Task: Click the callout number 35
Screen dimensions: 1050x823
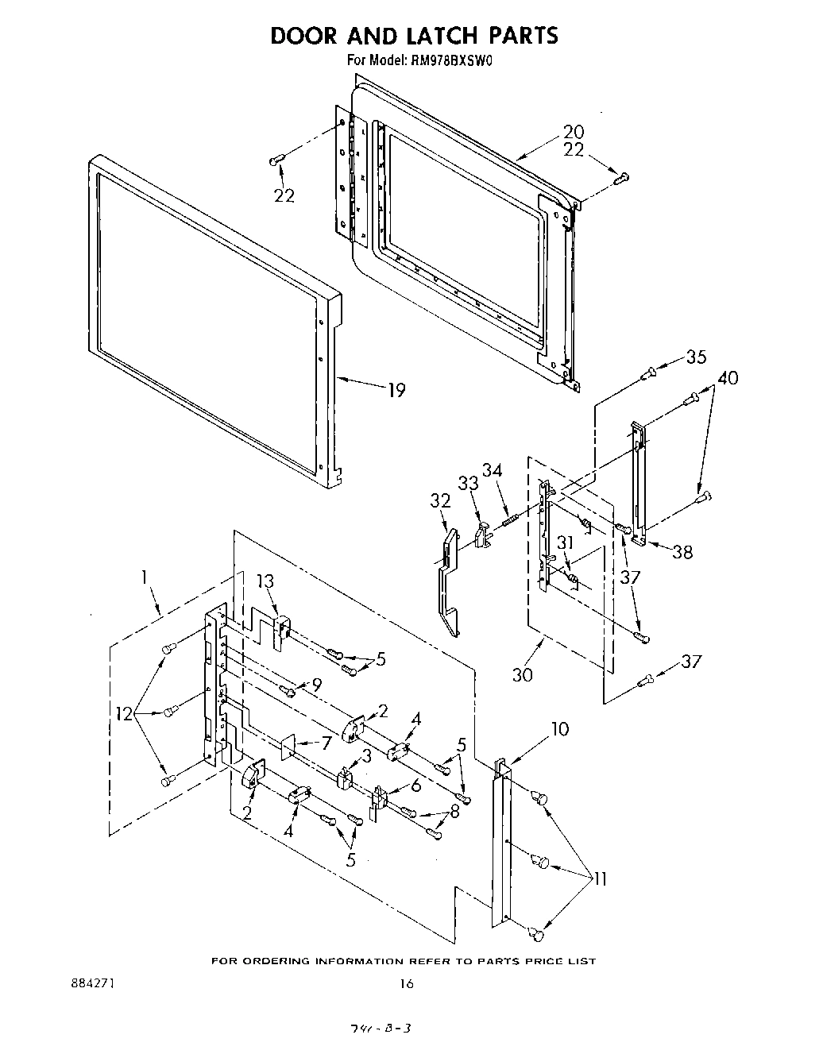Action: click(696, 357)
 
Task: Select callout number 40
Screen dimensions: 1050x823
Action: click(727, 378)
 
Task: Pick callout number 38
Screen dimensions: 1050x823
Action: click(682, 551)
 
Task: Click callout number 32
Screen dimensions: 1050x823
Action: click(440, 500)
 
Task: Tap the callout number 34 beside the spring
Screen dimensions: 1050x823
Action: click(493, 471)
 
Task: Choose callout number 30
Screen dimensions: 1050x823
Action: click(523, 674)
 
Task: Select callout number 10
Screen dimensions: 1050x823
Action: click(560, 728)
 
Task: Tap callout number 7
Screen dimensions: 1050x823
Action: click(324, 743)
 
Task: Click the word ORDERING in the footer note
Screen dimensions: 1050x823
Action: click(272, 961)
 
